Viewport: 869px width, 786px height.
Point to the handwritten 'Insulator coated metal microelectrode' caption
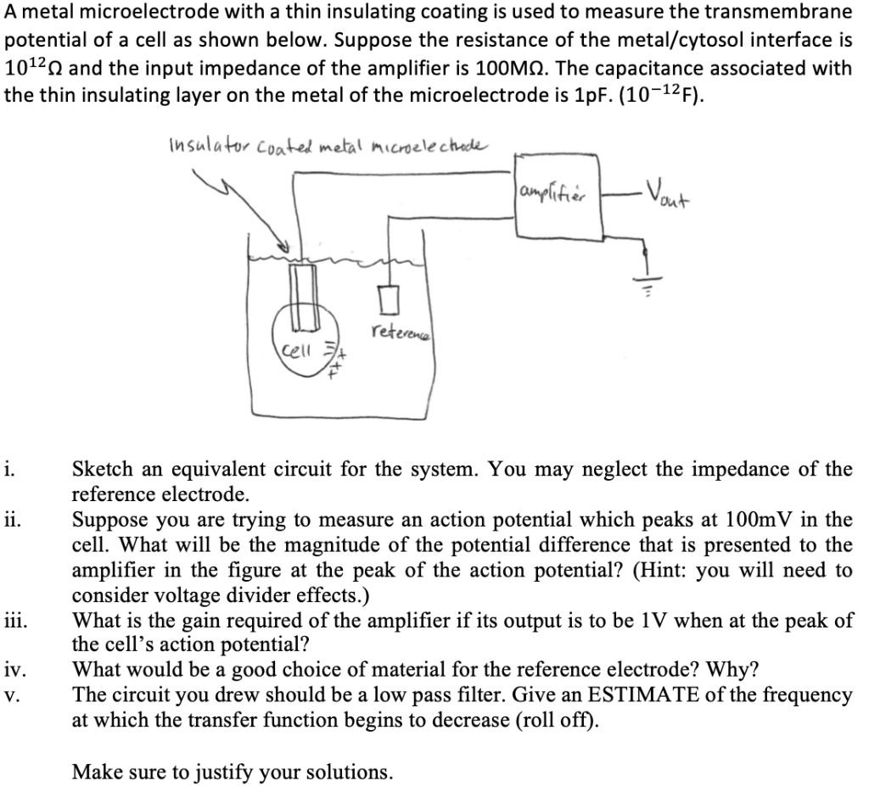click(x=324, y=146)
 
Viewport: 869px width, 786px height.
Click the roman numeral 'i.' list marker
click(x=8, y=469)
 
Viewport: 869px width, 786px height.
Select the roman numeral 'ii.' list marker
click(x=11, y=519)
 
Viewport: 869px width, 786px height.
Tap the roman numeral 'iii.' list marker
click(x=14, y=620)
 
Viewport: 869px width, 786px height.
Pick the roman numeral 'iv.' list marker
click(x=13, y=670)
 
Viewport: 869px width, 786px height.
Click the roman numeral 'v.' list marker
click(x=9, y=695)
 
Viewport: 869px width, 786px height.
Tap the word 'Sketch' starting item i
click(x=101, y=469)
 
